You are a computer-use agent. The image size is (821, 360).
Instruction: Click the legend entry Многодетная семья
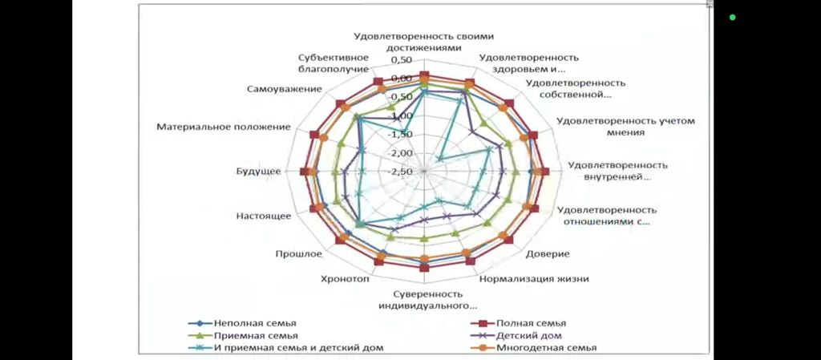click(x=546, y=347)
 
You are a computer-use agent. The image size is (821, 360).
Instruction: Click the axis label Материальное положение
click(x=224, y=127)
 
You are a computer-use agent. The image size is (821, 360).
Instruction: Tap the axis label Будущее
click(x=258, y=171)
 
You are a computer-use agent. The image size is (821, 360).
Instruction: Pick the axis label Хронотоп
click(x=346, y=279)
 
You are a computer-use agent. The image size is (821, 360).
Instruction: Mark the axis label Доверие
click(x=548, y=254)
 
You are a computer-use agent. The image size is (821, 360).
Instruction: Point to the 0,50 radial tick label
click(x=401, y=61)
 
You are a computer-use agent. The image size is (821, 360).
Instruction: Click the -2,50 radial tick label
click(x=401, y=172)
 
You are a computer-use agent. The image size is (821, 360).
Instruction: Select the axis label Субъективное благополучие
click(x=334, y=63)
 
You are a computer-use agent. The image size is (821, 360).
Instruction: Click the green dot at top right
click(x=732, y=17)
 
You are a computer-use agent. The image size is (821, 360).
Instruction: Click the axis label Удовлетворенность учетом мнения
click(x=625, y=127)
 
